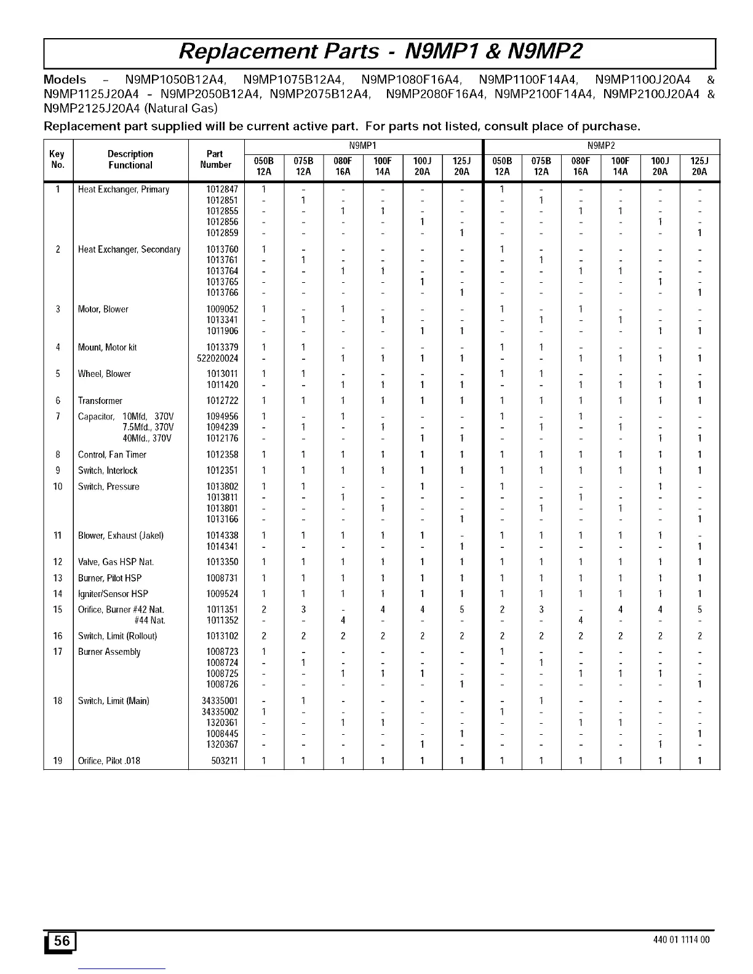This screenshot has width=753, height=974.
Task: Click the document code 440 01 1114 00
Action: point(684,940)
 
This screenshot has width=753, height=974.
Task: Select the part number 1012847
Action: point(222,189)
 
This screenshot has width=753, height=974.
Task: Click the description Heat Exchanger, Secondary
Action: point(129,250)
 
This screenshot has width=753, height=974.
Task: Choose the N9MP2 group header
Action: point(601,146)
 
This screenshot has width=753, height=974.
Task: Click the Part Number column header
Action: point(216,159)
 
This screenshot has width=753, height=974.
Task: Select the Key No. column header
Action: point(57,159)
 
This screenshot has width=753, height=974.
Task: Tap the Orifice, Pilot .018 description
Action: point(109,761)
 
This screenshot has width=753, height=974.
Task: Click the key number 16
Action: point(58,636)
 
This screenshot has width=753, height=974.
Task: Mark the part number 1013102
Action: point(222,636)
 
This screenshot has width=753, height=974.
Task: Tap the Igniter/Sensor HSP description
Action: point(113,594)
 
